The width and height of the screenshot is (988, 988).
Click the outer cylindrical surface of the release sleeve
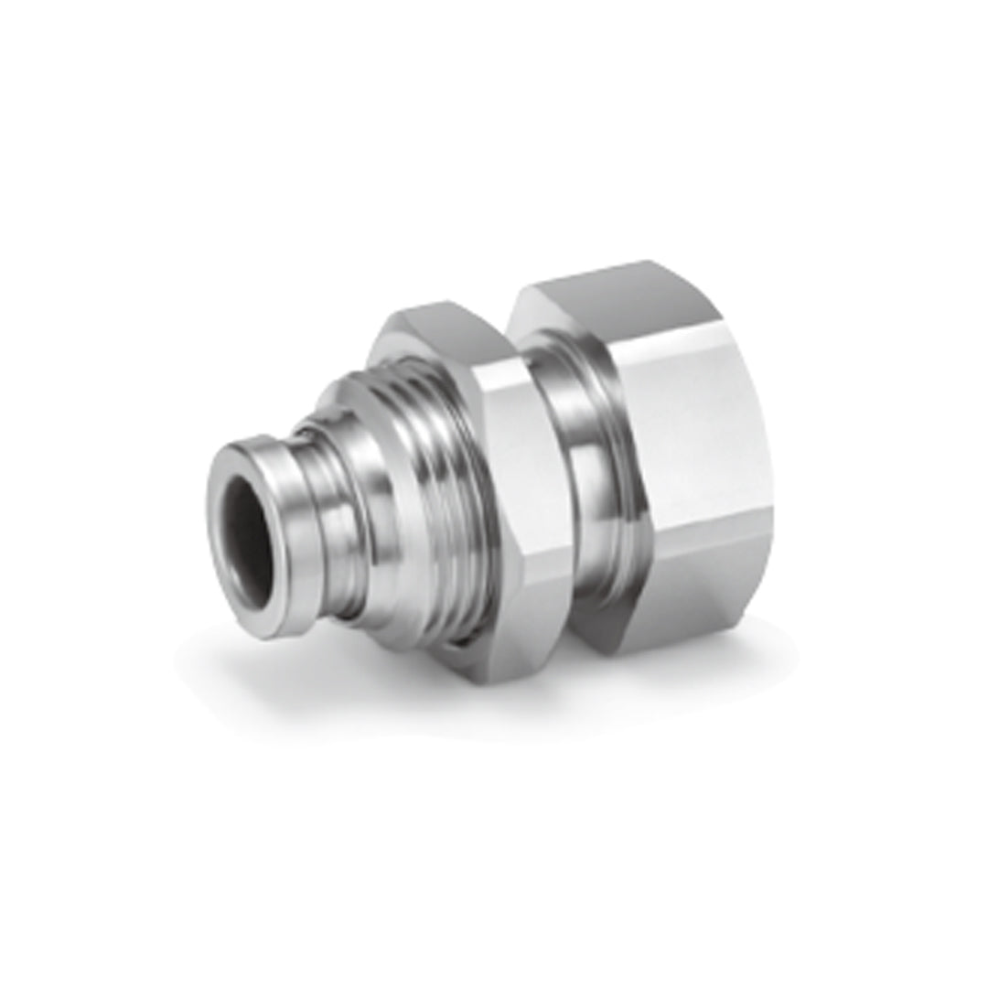pos(274,476)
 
